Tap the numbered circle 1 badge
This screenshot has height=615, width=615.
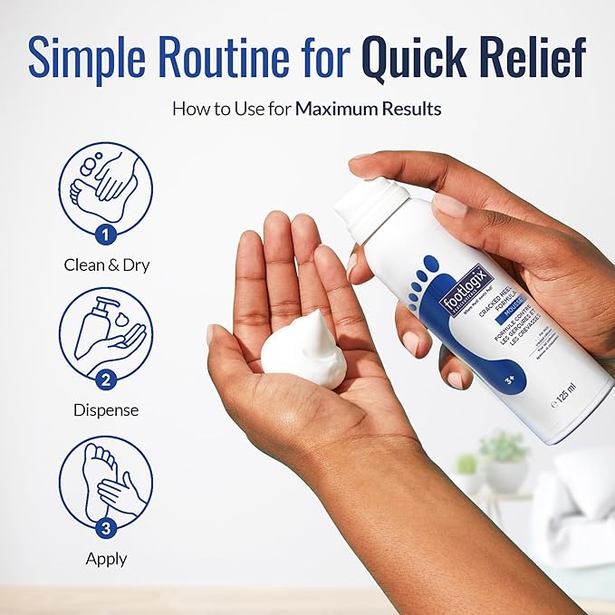106,235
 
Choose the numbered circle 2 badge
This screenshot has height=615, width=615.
106,381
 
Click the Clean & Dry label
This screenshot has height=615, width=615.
106,265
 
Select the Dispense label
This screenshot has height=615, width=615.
106,410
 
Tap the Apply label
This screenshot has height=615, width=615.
106,559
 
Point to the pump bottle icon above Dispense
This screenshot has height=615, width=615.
105,331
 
